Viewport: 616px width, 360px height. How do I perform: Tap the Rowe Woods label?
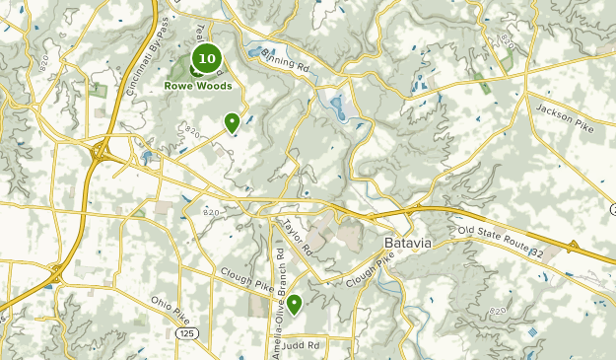click(x=198, y=86)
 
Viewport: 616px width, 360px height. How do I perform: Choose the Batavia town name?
click(x=409, y=243)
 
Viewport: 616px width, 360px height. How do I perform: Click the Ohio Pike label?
click(x=170, y=308)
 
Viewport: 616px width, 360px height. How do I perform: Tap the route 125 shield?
click(x=185, y=335)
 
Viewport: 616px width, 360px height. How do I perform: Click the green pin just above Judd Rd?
click(x=294, y=304)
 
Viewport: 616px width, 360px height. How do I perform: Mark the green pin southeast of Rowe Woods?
click(x=232, y=122)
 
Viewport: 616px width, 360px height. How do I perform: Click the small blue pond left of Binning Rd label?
click(x=254, y=52)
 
